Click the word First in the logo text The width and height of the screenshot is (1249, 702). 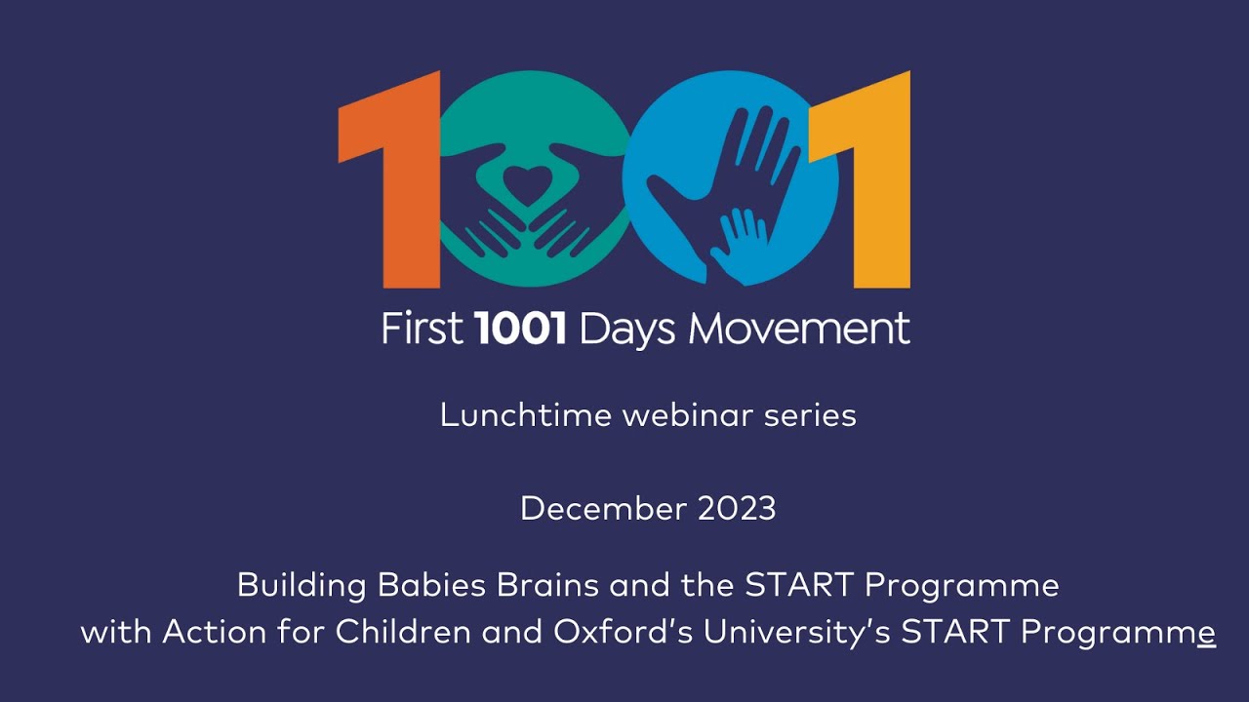click(422, 330)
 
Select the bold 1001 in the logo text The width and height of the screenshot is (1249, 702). click(520, 330)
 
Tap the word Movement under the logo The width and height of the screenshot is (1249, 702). click(799, 330)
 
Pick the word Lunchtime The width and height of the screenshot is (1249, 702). click(526, 416)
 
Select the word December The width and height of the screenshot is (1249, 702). click(604, 508)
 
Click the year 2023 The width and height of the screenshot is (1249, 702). click(738, 508)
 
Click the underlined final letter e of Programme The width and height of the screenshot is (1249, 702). click(1206, 634)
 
